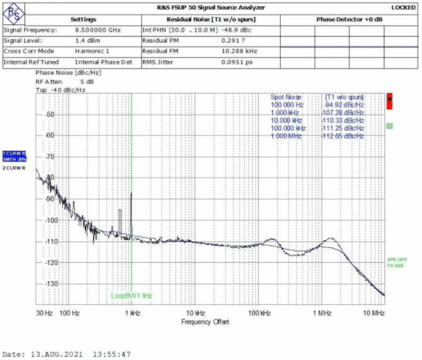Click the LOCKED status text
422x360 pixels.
click(x=403, y=8)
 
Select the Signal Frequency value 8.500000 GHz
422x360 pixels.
click(x=97, y=30)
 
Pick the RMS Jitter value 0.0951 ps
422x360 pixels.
click(x=237, y=62)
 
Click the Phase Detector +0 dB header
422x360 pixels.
click(x=350, y=19)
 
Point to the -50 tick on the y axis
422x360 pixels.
click(x=30, y=116)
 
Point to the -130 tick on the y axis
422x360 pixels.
click(x=29, y=283)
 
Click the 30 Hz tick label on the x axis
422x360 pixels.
click(x=45, y=313)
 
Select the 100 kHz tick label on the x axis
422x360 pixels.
click(x=260, y=313)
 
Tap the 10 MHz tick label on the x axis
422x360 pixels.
click(x=374, y=313)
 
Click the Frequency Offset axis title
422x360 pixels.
click(x=206, y=322)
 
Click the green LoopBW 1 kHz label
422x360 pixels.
click(x=132, y=295)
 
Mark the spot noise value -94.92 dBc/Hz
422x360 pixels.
click(x=344, y=104)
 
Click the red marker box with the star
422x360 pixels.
click(x=389, y=100)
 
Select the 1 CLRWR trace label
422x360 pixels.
click(x=14, y=153)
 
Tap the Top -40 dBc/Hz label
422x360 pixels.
click(x=60, y=89)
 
